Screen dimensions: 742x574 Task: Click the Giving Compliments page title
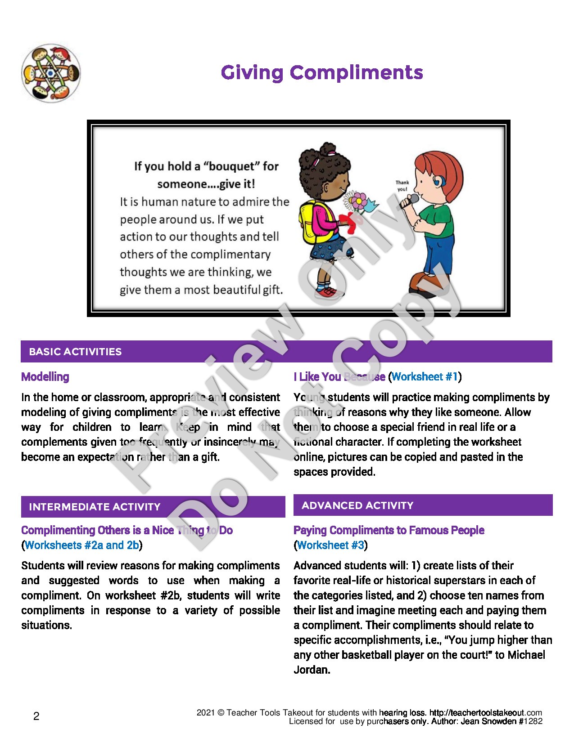322,72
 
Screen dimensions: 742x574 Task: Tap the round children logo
51,73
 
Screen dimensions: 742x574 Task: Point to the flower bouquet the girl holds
358,202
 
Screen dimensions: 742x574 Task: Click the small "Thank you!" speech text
402,186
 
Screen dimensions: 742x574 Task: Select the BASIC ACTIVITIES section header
75,352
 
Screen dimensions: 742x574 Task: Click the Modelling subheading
45,377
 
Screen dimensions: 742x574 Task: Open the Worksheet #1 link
425,377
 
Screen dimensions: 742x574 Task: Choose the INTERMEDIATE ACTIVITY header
95,507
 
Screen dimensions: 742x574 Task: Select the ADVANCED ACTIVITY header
357,505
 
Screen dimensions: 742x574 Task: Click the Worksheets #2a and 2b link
82,545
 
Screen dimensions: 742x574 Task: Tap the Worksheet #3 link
330,545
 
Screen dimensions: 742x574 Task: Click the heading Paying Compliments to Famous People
389,530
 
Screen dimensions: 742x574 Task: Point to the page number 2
36,716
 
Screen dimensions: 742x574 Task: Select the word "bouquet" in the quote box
232,166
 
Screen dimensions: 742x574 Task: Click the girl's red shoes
328,292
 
